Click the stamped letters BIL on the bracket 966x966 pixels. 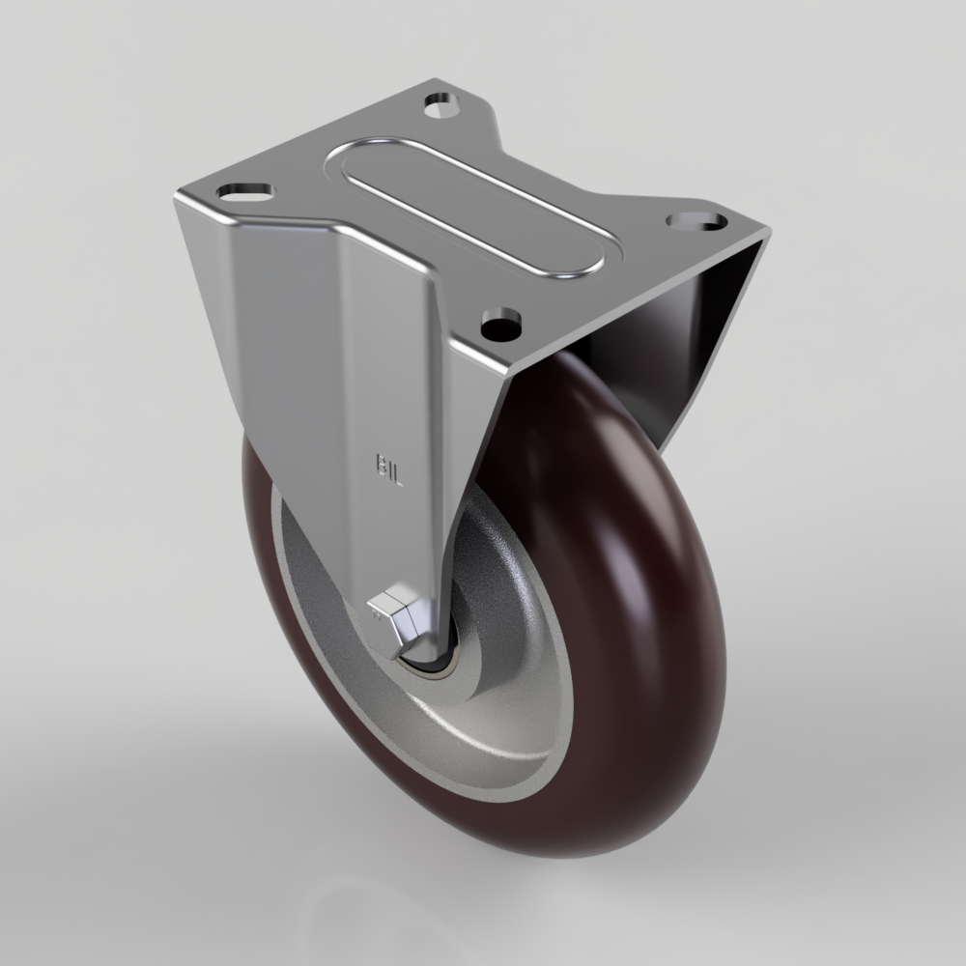(x=388, y=470)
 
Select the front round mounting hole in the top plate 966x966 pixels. (x=501, y=324)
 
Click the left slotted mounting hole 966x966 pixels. (x=245, y=192)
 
